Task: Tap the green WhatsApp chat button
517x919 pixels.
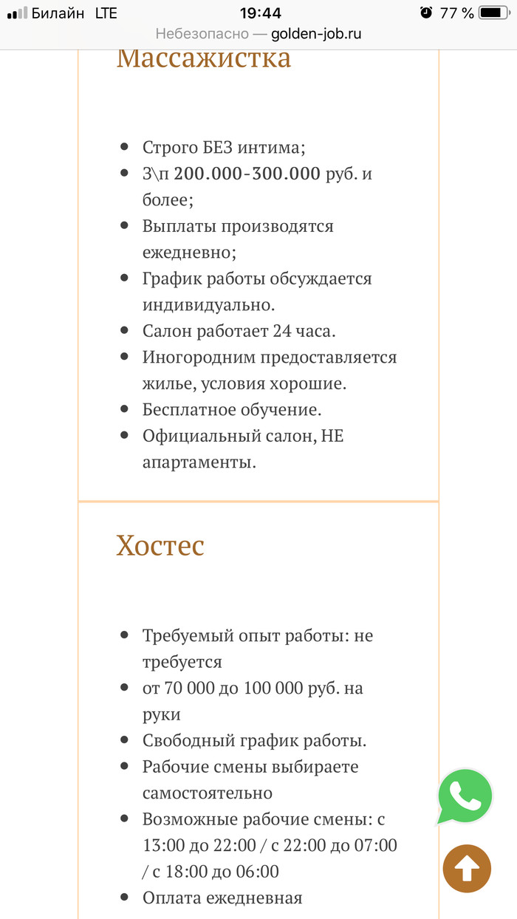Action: click(465, 796)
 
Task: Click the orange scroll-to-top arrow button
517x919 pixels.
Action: click(467, 869)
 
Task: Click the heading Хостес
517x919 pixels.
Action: click(160, 546)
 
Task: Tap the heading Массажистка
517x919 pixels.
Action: click(204, 58)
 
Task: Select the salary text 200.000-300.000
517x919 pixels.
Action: click(247, 174)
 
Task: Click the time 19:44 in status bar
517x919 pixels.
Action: click(260, 13)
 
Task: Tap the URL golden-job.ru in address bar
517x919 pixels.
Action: click(316, 34)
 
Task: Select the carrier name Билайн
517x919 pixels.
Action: click(58, 13)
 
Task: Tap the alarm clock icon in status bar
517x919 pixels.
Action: click(425, 13)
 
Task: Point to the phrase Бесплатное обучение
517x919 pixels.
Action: click(232, 409)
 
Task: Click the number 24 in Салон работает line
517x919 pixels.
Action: click(281, 330)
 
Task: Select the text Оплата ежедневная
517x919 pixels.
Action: click(222, 898)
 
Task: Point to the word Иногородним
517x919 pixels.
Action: click(198, 357)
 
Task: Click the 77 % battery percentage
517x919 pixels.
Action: click(456, 13)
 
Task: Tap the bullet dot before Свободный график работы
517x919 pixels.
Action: click(124, 739)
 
